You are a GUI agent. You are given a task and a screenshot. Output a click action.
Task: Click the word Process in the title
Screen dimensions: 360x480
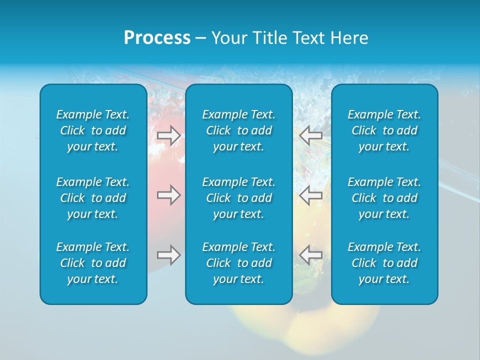(157, 38)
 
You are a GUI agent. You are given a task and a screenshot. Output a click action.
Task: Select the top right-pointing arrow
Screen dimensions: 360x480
(169, 135)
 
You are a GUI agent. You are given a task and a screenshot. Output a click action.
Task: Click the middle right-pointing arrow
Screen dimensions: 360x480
(169, 195)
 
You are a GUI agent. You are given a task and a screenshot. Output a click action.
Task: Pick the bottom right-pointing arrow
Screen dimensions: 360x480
(169, 254)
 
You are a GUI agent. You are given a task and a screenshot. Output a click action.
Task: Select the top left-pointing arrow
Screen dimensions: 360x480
(310, 135)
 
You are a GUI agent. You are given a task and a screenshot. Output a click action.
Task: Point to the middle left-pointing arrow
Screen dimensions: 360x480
(310, 195)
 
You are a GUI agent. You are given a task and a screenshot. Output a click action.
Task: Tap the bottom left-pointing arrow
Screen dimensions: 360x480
(310, 254)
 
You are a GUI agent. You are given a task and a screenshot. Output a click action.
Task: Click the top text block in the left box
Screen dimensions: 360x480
(93, 130)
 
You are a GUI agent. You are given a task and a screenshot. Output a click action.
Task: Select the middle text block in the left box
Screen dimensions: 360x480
(93, 198)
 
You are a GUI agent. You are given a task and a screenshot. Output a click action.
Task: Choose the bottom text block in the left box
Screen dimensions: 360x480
(93, 263)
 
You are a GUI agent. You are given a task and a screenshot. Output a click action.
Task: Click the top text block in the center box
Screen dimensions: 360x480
(239, 130)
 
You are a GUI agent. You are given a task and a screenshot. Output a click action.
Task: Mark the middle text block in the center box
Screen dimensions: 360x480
(239, 198)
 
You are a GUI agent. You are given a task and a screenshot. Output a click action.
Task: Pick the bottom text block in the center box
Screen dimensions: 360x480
(239, 263)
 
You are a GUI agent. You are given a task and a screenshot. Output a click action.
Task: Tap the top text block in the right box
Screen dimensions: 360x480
(384, 130)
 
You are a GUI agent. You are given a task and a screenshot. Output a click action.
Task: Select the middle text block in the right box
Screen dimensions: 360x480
(384, 198)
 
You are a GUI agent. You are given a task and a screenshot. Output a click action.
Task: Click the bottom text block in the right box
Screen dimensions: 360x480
(384, 263)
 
